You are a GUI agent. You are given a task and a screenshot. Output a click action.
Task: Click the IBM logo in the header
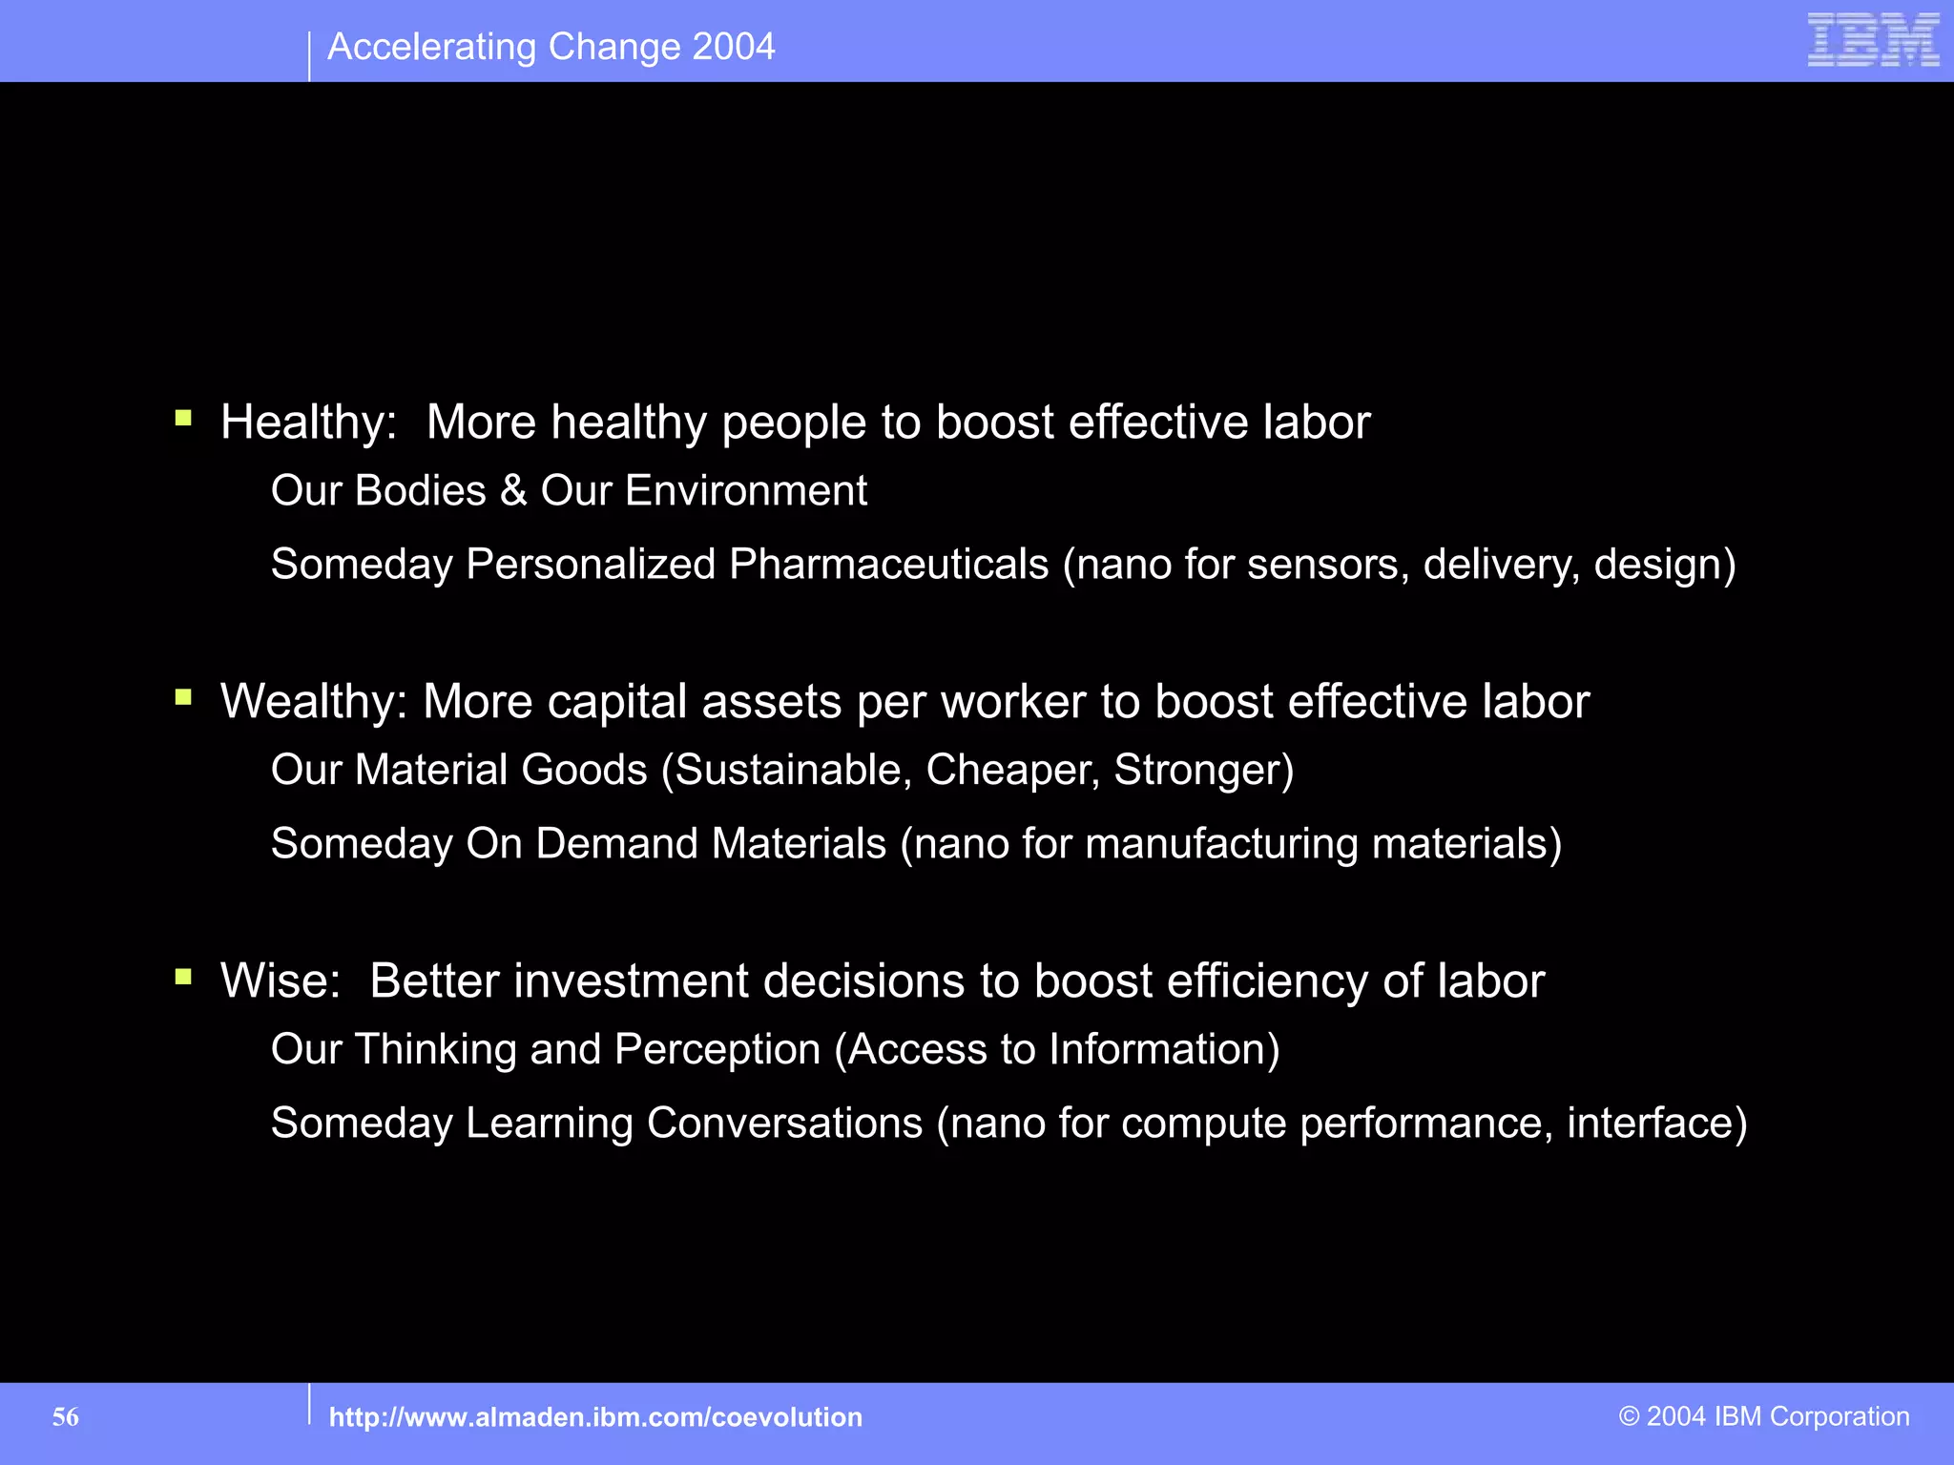1873,40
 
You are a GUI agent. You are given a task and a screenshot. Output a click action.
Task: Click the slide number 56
66,1417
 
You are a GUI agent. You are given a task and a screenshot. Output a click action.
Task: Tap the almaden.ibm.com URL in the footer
595,1417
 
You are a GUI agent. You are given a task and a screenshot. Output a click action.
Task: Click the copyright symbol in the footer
1629,1416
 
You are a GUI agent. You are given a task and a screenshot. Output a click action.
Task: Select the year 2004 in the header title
734,47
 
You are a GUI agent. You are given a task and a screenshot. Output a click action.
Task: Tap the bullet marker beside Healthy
183,418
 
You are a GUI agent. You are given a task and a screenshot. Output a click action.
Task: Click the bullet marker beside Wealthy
183,697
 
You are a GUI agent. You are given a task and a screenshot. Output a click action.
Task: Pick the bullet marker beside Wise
183,977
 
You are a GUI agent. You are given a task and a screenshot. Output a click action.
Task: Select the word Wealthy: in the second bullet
314,702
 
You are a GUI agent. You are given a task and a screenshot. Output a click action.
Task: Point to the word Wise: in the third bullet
281,981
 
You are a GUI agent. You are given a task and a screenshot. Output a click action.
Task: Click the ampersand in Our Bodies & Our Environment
513,491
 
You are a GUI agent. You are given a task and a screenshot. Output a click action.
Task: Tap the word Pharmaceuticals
888,565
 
